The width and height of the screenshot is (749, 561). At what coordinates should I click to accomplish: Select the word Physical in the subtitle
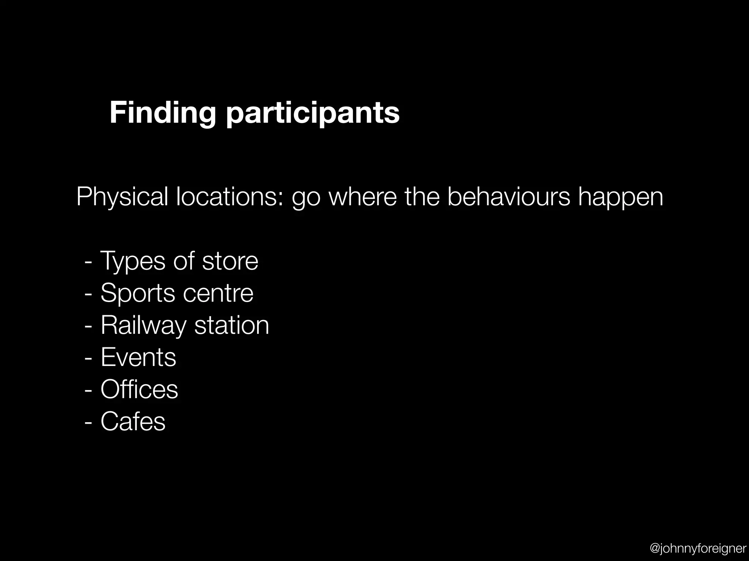coord(122,197)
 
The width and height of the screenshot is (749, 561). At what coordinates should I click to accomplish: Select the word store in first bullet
coord(230,261)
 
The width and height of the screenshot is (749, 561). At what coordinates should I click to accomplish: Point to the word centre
coord(218,293)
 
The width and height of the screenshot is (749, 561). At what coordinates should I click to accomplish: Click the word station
coord(232,325)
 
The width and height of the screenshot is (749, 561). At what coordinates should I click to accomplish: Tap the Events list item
coord(138,357)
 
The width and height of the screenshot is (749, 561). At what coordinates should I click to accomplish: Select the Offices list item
coord(139,389)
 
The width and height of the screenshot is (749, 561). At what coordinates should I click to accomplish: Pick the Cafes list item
coord(133,421)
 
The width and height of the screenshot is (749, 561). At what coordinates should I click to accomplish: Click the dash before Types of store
coord(88,262)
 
